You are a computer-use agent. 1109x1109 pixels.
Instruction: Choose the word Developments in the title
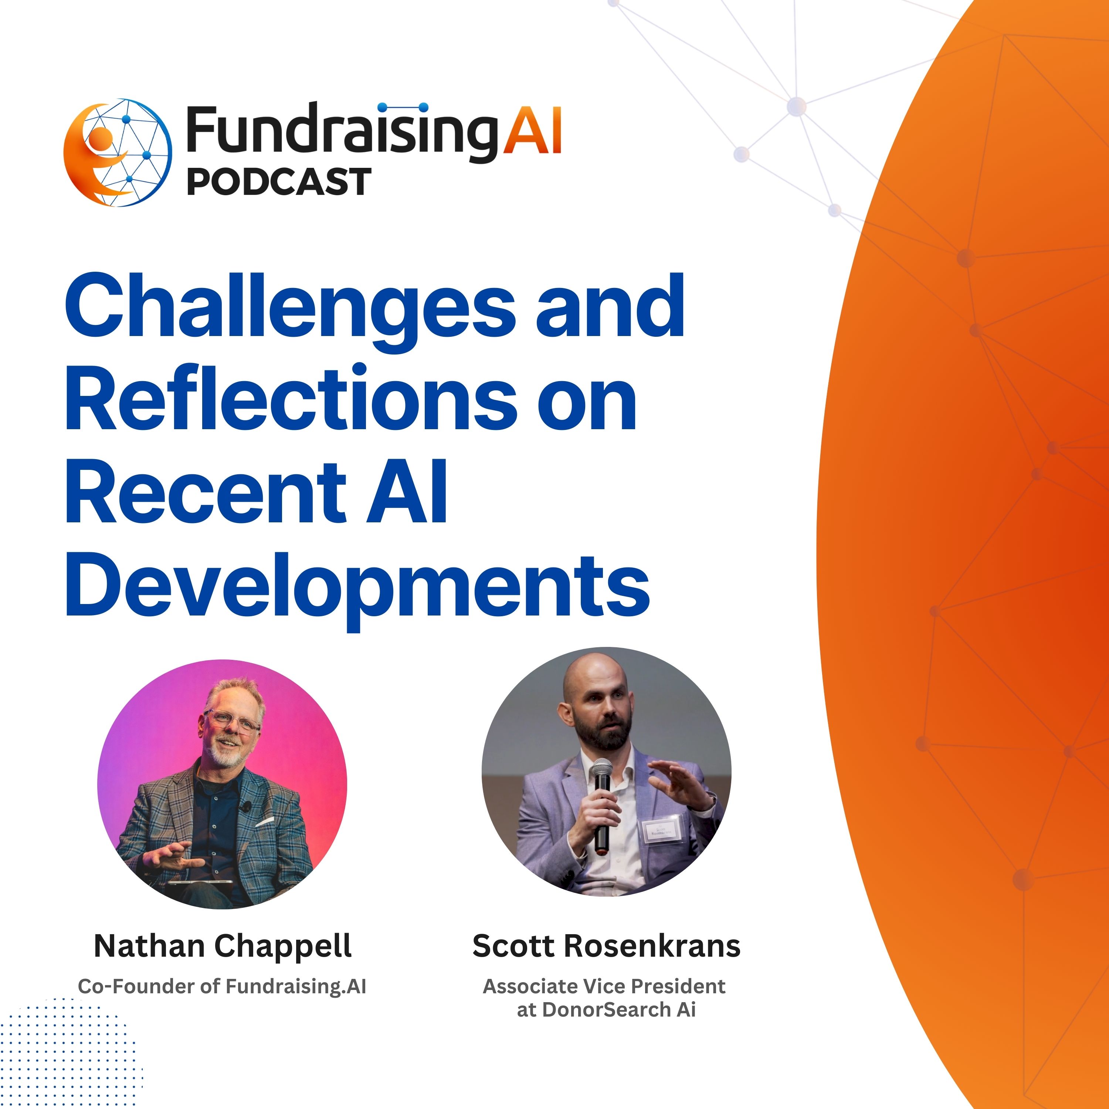(x=357, y=586)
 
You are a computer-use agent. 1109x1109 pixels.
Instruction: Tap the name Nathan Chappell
(x=223, y=946)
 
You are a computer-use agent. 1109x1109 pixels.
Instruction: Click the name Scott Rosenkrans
(x=606, y=946)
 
